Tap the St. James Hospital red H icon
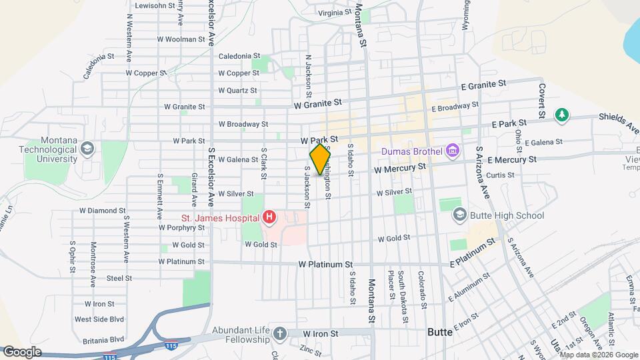[269, 217]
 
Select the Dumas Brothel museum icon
[453, 151]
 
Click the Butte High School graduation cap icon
[459, 215]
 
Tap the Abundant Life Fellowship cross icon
[281, 333]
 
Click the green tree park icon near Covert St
[562, 115]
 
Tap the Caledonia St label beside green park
[239, 56]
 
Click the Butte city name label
[440, 331]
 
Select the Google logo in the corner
[23, 351]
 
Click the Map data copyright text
[598, 355]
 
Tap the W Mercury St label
[399, 169]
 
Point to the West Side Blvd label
[99, 320]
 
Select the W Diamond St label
[103, 211]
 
